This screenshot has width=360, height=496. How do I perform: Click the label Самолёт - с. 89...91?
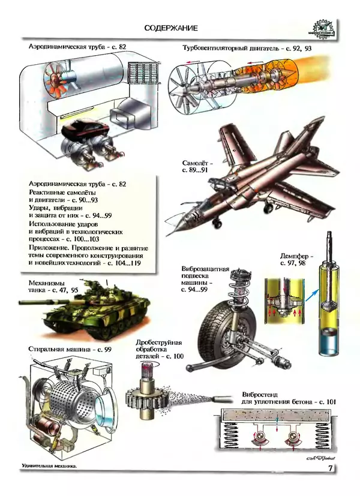pos(194,166)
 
